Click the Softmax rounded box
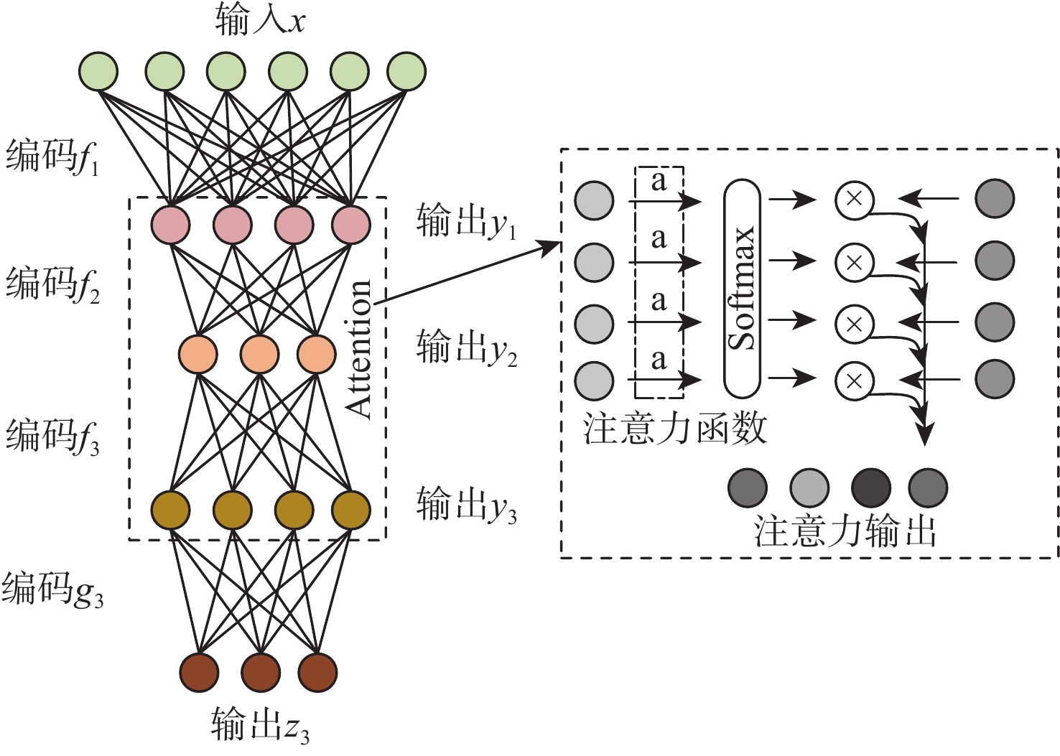742,289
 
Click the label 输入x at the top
260,20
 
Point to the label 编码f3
52,437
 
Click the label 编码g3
52,590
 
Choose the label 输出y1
466,222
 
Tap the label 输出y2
466,348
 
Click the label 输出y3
466,505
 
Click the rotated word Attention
358,348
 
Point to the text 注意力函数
675,429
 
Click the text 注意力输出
845,532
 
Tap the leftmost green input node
99,71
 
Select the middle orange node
260,353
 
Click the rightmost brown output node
317,672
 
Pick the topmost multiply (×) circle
854,199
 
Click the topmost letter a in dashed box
659,182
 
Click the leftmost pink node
170,224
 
